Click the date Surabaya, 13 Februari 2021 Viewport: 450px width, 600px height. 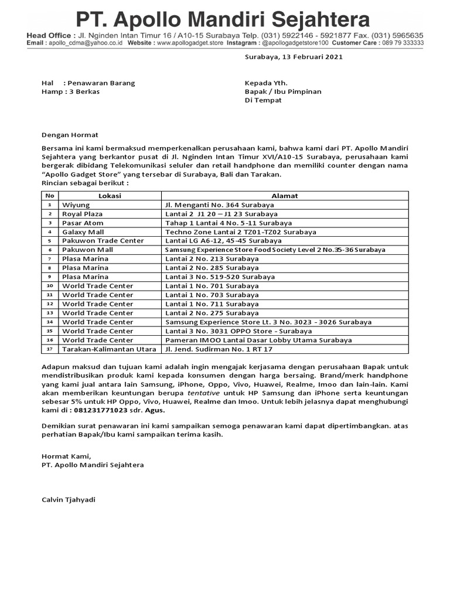pyautogui.click(x=293, y=57)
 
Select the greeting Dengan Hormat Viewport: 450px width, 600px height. pyautogui.click(x=66, y=135)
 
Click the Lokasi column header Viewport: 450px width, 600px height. pyautogui.click(x=110, y=196)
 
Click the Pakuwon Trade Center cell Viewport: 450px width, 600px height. pyautogui.click(x=103, y=241)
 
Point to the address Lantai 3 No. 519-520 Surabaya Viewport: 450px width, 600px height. pyautogui.click(x=212, y=277)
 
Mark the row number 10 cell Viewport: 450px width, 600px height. pyautogui.click(x=50, y=286)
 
